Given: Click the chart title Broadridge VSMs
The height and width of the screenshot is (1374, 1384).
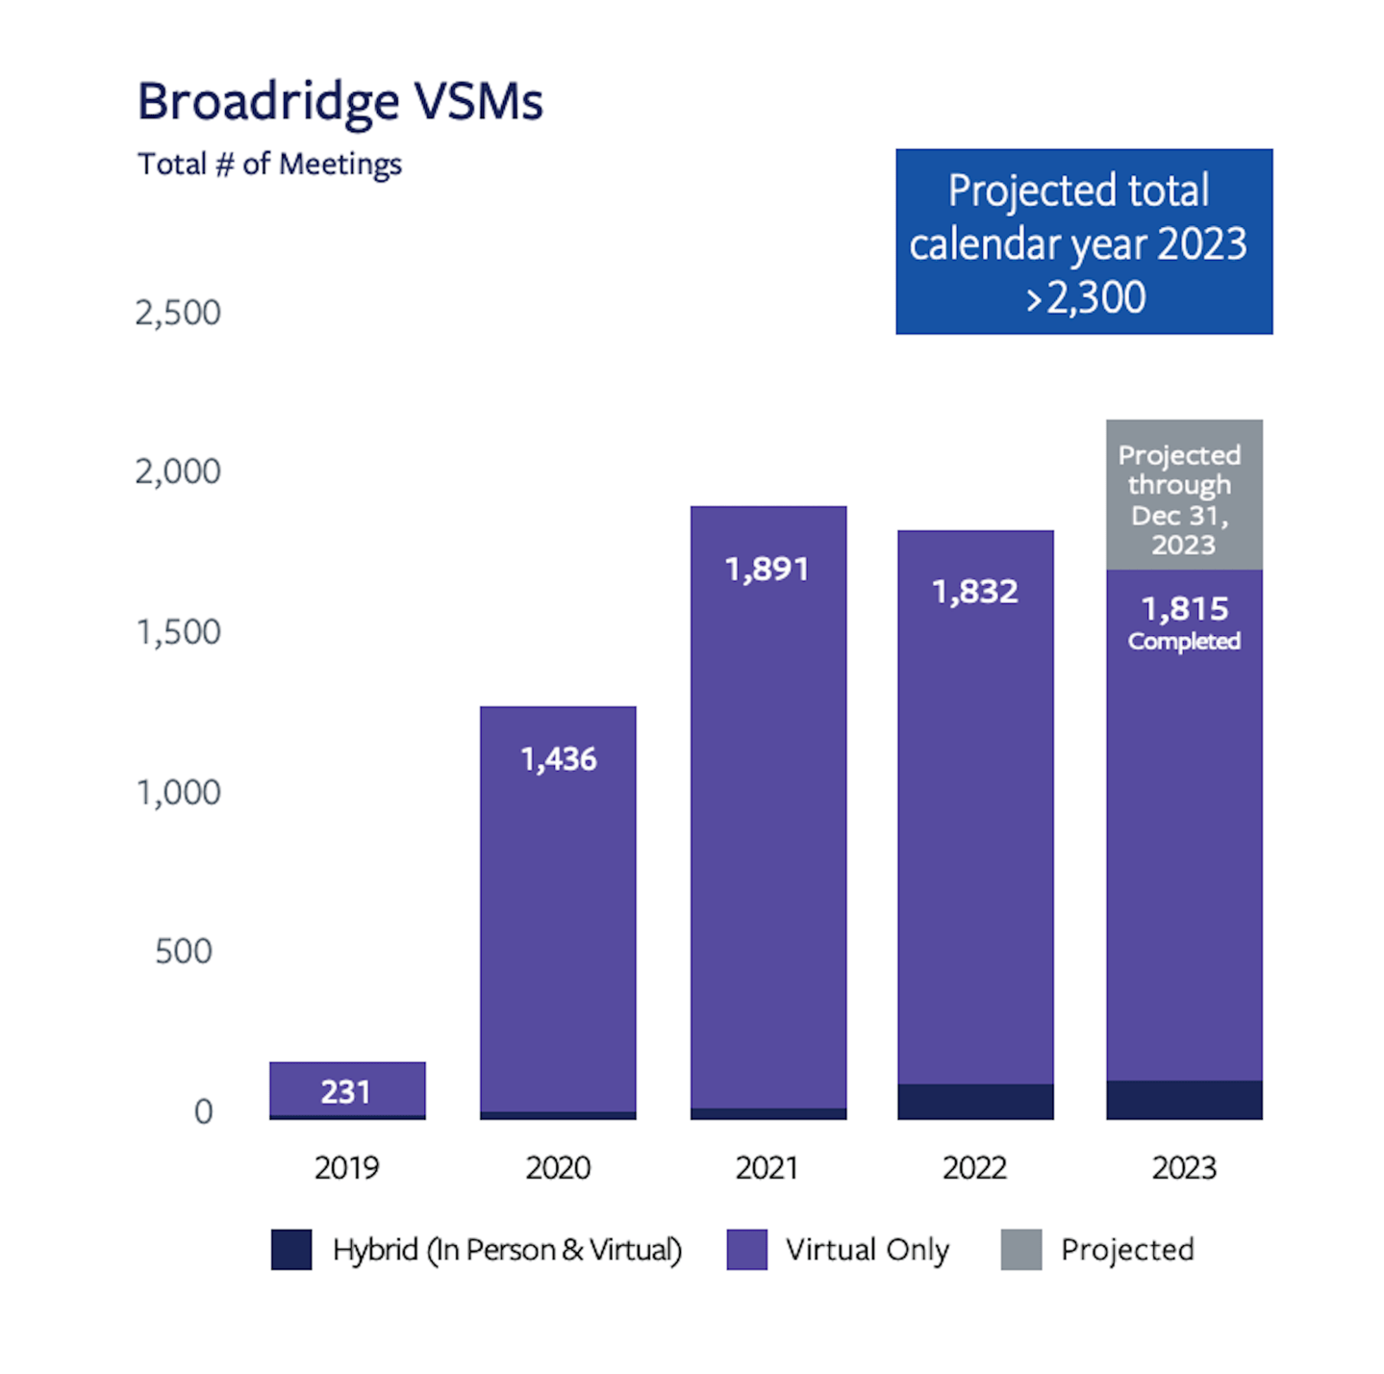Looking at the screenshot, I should coord(340,102).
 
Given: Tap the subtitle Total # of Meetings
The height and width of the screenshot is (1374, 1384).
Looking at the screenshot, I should coord(269,165).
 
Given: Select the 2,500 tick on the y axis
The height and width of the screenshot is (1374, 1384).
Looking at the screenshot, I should coord(178,313).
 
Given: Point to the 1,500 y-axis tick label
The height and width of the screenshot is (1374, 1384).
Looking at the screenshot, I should coord(178,632).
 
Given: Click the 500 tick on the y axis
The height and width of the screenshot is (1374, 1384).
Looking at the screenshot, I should coord(184,952).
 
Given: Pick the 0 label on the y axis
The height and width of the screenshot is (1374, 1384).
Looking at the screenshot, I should coord(203,1111).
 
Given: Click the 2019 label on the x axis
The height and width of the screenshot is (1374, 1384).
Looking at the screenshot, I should coord(346,1168).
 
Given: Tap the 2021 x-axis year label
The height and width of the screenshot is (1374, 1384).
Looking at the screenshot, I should coord(767,1168).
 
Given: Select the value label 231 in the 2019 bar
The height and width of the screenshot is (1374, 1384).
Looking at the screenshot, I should coord(345,1092).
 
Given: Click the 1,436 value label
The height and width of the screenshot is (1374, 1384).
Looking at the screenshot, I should coord(558,760).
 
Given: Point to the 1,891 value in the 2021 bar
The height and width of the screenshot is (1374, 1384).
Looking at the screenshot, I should coord(767,570).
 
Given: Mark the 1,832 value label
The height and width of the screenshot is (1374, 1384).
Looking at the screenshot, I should coord(974,592).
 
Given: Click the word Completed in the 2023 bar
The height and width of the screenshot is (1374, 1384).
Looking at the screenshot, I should coord(1184,642).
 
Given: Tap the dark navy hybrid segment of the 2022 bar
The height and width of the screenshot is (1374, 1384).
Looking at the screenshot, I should coord(975,1102).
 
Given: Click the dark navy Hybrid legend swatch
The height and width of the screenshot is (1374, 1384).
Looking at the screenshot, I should coord(291,1250).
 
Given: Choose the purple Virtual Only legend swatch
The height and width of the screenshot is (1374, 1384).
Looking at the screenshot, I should coord(747,1250).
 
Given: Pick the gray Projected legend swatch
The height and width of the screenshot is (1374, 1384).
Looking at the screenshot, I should coord(1020,1250).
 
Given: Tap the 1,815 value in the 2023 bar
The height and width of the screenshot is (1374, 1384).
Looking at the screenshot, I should coord(1184,609).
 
